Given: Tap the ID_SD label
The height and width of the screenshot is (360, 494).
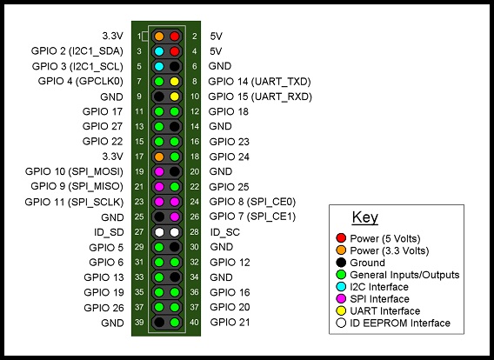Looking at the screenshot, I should point(110,232).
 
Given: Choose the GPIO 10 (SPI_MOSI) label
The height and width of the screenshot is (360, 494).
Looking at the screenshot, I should point(75,171).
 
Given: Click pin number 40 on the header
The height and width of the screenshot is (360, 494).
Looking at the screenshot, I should point(196,323).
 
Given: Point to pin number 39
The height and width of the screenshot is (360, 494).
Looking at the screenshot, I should point(139,323).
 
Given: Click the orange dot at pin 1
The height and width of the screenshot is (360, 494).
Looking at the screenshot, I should point(159,37).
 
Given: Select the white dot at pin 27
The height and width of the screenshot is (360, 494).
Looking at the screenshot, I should point(159,232).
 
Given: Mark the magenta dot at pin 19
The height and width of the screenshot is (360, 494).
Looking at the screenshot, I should point(159,172).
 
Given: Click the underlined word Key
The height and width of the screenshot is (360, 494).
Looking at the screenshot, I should point(364,217).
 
